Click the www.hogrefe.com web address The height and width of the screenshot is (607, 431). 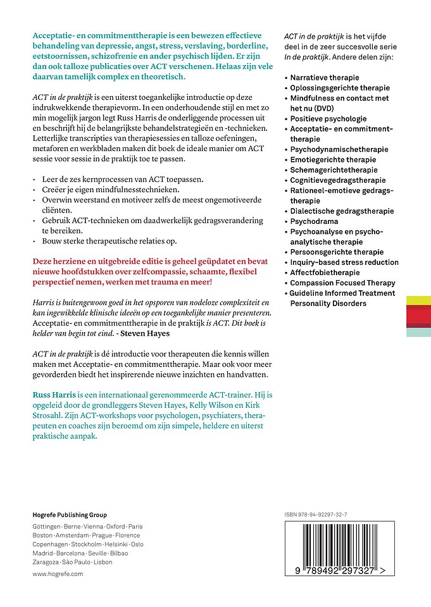point(58,573)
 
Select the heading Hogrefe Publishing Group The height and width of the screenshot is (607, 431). point(70,515)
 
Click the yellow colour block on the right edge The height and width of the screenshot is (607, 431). point(418,300)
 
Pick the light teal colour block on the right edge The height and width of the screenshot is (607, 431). point(418,332)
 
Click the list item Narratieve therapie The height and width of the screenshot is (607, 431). point(323,78)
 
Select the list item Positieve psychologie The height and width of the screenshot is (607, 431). point(328,119)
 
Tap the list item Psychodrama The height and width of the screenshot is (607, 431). point(314,221)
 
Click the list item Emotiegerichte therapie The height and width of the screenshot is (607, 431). point(333,160)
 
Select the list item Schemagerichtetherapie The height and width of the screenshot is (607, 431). point(334,170)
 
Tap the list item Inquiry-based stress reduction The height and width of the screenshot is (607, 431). point(344,262)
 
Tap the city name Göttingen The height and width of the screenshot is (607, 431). point(46,527)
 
